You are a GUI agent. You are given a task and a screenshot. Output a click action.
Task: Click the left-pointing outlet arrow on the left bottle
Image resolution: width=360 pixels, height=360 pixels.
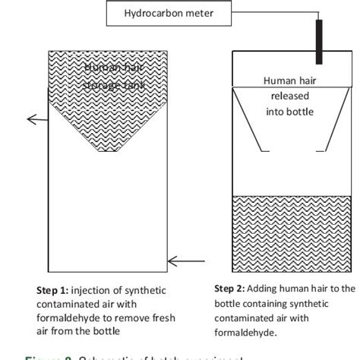pos(34,118)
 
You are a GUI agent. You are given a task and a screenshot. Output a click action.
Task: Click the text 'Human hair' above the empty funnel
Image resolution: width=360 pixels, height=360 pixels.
pos(286,81)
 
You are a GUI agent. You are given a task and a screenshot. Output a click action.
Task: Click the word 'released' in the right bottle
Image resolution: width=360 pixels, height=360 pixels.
pos(287,96)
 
